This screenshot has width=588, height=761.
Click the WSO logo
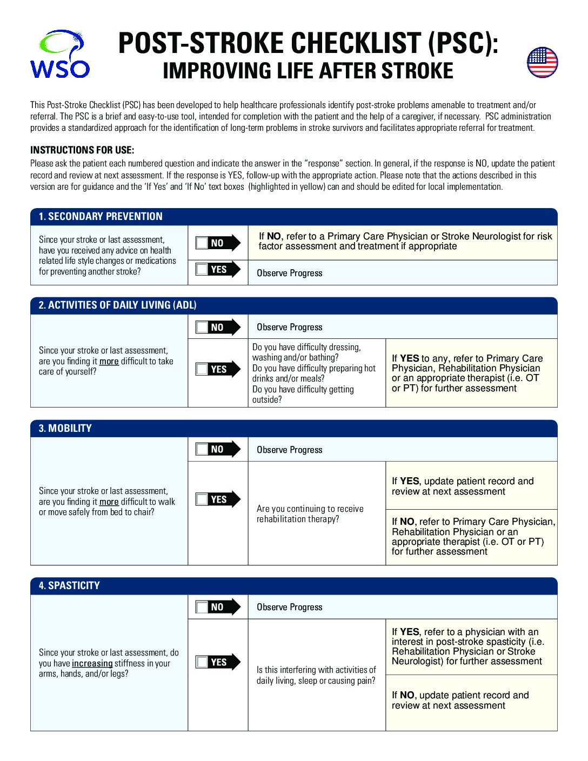tap(59, 54)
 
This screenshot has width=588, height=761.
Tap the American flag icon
tap(542, 62)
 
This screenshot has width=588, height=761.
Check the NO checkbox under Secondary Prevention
tap(202, 243)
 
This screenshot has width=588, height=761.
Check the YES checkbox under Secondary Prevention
tap(202, 269)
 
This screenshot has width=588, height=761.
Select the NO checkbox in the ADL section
tap(202, 327)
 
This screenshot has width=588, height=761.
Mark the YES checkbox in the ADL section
tap(202, 369)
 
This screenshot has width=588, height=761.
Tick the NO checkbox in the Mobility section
tap(202, 449)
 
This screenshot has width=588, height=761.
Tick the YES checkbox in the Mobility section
tap(202, 499)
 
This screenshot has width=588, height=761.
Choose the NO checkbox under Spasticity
tap(202, 607)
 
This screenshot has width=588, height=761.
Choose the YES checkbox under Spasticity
tap(202, 662)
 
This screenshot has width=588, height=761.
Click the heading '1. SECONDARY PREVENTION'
tap(101, 217)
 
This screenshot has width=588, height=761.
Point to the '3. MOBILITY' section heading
tap(65, 429)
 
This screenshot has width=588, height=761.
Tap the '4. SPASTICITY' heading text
tap(69, 585)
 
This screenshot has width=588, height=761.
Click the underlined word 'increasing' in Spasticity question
tap(92, 664)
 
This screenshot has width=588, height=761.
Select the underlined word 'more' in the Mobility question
tap(109, 502)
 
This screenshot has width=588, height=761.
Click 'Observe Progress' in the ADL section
tap(289, 327)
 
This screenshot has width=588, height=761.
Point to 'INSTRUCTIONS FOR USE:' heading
tap(82, 150)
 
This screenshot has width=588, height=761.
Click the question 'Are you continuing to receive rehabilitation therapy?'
tap(310, 514)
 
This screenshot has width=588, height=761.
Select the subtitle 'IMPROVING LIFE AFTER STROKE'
tap(308, 71)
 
